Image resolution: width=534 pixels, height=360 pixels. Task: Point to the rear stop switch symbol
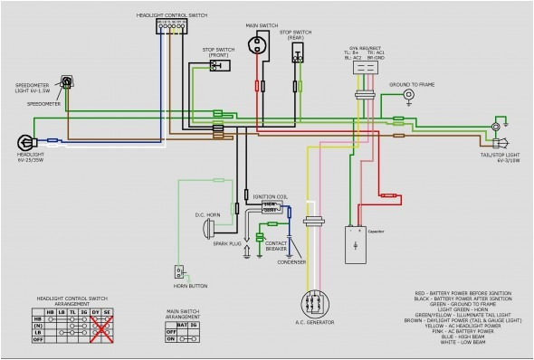point(296,54)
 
